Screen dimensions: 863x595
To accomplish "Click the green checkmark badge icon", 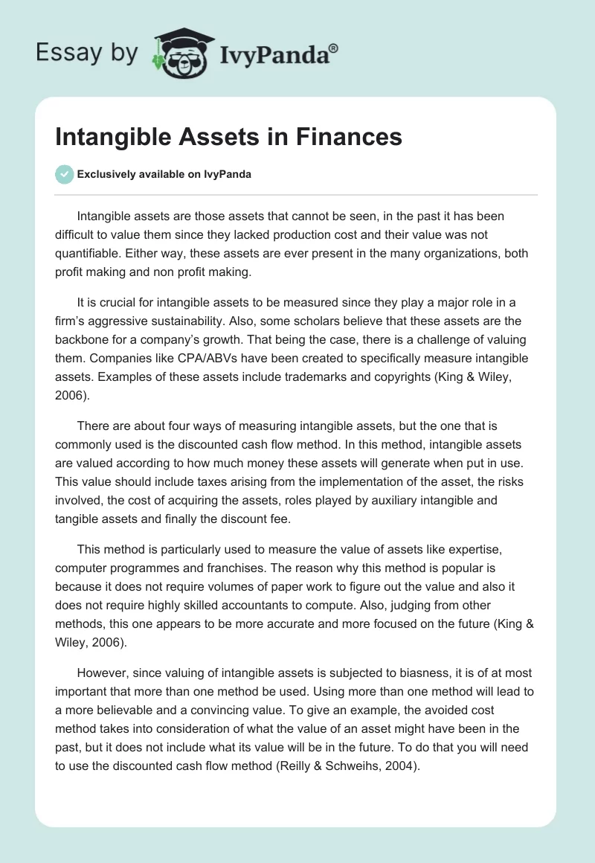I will (x=64, y=174).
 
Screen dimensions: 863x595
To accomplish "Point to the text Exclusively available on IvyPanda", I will (x=164, y=175).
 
